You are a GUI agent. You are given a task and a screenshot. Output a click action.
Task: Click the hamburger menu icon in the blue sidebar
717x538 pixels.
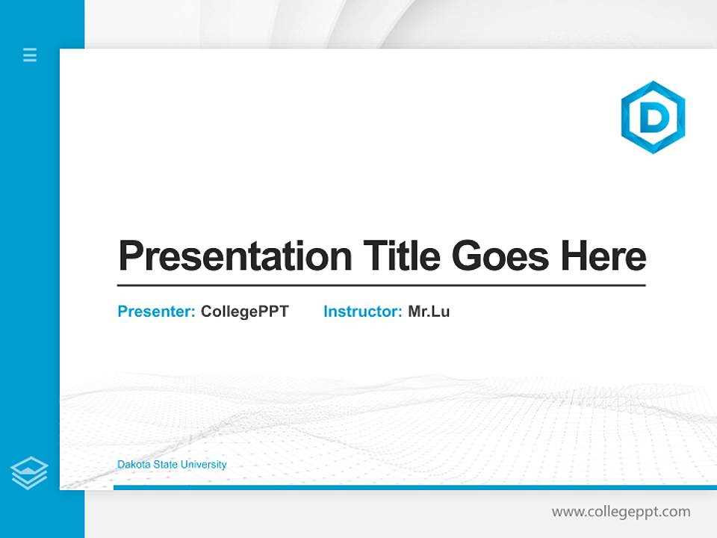(x=30, y=55)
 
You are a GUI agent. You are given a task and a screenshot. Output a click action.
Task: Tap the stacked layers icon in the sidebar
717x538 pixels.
(x=29, y=473)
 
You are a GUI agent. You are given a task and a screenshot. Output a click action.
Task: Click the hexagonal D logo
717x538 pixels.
(x=653, y=117)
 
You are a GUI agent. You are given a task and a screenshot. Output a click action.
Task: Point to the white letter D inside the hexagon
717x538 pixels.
(x=654, y=117)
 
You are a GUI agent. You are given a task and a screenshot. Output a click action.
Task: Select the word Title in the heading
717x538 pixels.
(x=402, y=256)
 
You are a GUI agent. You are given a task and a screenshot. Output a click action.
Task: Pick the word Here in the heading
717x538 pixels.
(x=603, y=256)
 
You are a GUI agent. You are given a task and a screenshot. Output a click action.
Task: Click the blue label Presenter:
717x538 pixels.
(x=156, y=312)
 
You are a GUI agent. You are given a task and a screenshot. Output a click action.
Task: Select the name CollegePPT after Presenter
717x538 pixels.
(x=244, y=312)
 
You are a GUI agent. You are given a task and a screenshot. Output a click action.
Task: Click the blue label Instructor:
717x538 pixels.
(x=362, y=312)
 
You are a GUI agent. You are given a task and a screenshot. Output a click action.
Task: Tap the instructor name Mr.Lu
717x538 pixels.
(x=429, y=312)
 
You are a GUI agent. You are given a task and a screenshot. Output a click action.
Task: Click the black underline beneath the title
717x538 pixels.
(x=381, y=285)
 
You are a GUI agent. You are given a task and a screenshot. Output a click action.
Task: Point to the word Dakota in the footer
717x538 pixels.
(x=132, y=465)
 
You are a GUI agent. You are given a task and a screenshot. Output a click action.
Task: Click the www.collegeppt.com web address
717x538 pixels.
(x=621, y=512)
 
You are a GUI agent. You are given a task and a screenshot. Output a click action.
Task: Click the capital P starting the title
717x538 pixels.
(x=131, y=256)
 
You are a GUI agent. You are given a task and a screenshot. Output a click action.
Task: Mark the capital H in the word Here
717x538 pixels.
(x=574, y=256)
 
